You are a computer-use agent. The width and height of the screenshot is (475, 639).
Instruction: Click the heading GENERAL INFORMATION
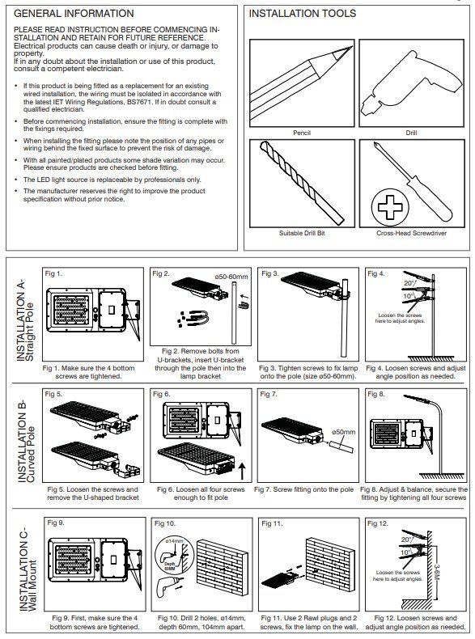click(74, 14)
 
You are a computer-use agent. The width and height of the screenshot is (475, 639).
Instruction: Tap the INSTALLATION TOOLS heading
click(302, 14)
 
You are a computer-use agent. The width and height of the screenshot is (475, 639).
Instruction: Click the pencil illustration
click(301, 83)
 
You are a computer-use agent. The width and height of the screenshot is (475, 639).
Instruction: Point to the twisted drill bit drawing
click(302, 183)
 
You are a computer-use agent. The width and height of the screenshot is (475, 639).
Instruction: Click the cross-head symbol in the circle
click(390, 207)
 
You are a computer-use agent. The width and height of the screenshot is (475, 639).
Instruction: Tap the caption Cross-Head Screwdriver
click(411, 233)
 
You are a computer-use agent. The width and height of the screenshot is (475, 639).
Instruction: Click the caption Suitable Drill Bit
click(302, 233)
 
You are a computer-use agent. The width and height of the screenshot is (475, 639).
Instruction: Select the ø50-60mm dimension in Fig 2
click(231, 277)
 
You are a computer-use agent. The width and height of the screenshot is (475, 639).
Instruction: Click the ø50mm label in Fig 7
click(343, 432)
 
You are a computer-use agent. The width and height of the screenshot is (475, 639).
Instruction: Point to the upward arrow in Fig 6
click(242, 471)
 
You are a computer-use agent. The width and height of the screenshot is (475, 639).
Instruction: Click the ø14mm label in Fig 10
click(174, 541)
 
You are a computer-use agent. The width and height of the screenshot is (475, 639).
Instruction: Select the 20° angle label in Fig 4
click(409, 283)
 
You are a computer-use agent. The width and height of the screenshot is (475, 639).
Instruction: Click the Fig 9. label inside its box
click(56, 523)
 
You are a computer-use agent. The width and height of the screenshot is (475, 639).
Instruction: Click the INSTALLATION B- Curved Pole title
click(26, 442)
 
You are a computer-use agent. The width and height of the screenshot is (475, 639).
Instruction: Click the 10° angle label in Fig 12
click(405, 553)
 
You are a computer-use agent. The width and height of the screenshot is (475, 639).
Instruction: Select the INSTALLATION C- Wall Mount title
click(28, 569)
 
